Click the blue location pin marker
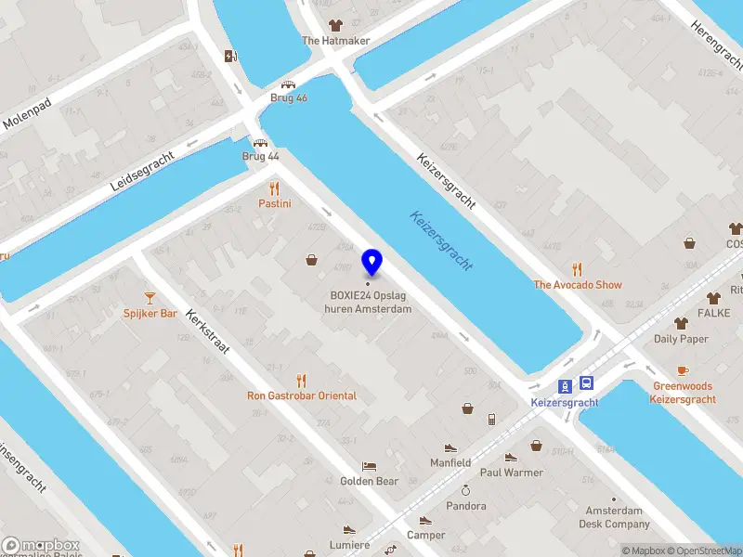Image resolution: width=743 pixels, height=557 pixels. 372,262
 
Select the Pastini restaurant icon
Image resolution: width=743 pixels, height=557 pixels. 275,188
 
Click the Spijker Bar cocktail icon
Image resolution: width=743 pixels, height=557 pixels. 150,297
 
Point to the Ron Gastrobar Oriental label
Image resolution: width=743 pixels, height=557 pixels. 301,395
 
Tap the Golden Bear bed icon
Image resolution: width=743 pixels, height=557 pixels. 369,466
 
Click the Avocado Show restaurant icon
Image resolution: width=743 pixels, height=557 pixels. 577,270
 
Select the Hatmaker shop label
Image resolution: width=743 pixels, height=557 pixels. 335,41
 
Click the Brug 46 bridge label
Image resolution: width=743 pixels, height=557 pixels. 289,97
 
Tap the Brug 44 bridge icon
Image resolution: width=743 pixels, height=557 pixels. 261,143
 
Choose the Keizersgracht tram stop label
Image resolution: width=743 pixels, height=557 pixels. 565,402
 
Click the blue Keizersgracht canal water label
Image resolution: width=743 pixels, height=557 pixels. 441,240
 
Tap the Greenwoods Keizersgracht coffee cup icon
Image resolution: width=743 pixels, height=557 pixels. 683,370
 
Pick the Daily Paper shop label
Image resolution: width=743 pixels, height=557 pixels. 681,339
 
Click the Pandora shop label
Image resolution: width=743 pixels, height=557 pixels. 465,506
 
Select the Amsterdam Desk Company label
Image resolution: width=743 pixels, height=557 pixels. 613,517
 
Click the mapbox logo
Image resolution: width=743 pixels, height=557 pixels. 41,545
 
